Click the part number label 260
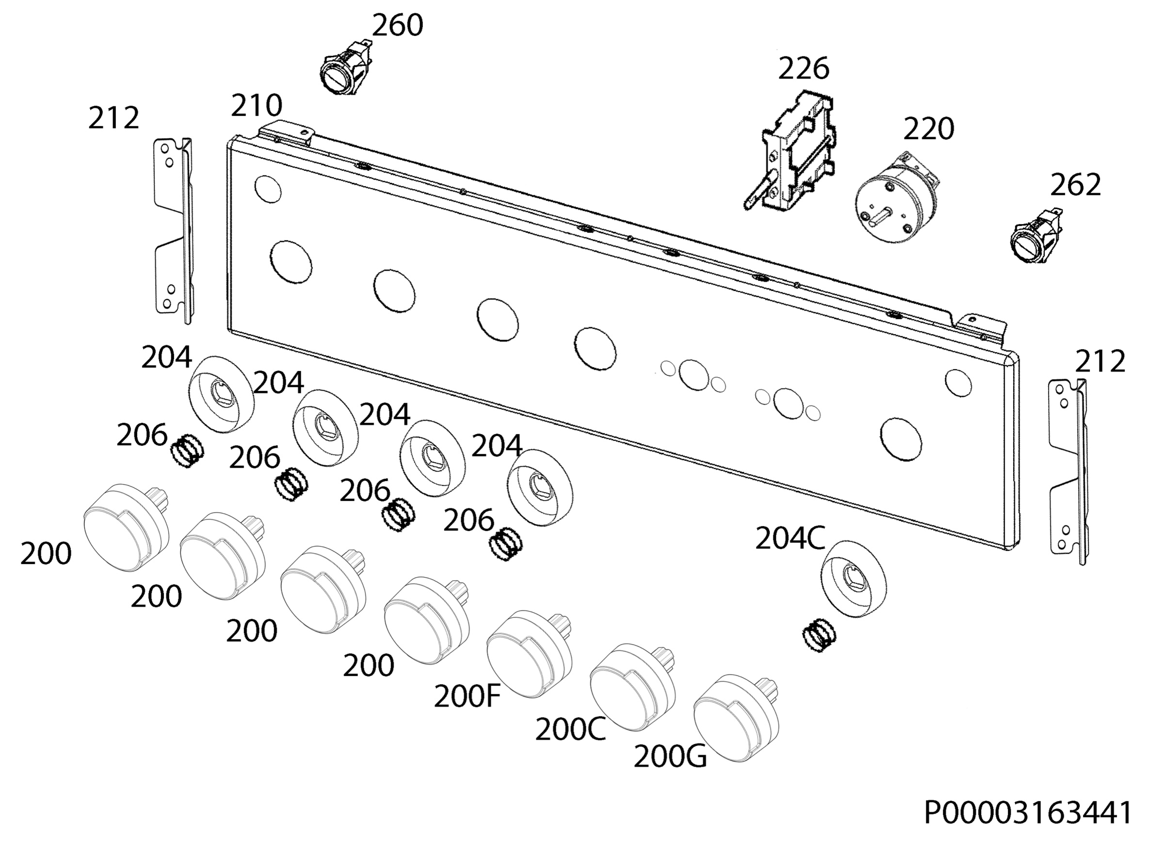397,25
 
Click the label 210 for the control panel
256,105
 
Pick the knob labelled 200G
736,717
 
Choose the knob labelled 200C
632,686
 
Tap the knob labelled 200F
529,654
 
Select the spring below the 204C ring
820,635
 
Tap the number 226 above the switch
804,68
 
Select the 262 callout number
1076,185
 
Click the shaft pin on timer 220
883,215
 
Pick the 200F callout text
467,696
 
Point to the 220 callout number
928,129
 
